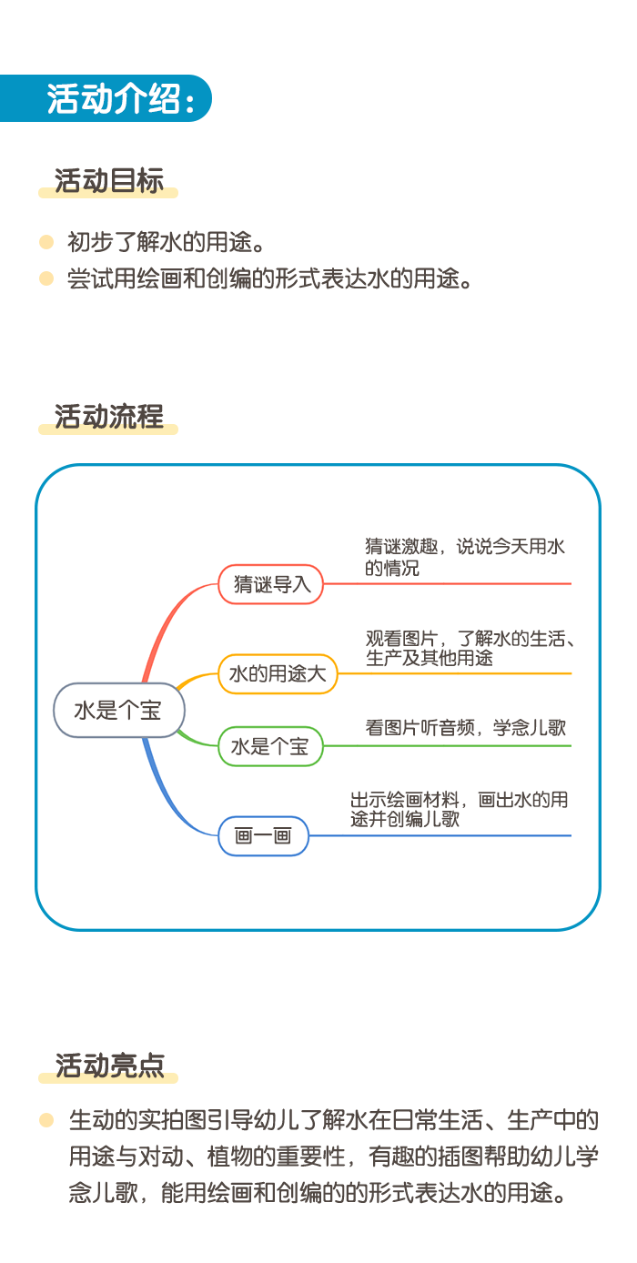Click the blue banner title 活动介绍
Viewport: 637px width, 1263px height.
pyautogui.click(x=113, y=98)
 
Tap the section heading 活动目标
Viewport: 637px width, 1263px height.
pyautogui.click(x=109, y=181)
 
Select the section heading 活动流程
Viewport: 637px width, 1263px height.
pyautogui.click(x=109, y=417)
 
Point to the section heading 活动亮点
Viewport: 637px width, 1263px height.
pyautogui.click(x=109, y=1066)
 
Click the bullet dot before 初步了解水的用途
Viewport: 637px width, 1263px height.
pyautogui.click(x=46, y=242)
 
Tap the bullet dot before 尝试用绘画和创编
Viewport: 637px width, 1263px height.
pyautogui.click(x=46, y=278)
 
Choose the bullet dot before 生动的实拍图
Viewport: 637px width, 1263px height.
pyautogui.click(x=46, y=1120)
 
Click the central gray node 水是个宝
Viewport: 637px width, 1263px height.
pyautogui.click(x=119, y=710)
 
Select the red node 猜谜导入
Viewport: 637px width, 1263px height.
pyautogui.click(x=270, y=584)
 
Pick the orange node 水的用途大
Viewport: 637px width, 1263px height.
pyautogui.click(x=278, y=673)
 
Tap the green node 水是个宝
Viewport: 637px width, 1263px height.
pyautogui.click(x=270, y=746)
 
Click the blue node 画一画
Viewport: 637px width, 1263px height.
pyautogui.click(x=263, y=835)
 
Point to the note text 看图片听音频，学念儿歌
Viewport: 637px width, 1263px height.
pyautogui.click(x=466, y=727)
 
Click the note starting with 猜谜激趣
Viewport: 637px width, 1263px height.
pyautogui.click(x=465, y=557)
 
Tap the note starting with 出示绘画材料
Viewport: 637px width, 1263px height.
pyautogui.click(x=459, y=809)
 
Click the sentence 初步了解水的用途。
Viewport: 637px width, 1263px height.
pyautogui.click(x=167, y=242)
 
